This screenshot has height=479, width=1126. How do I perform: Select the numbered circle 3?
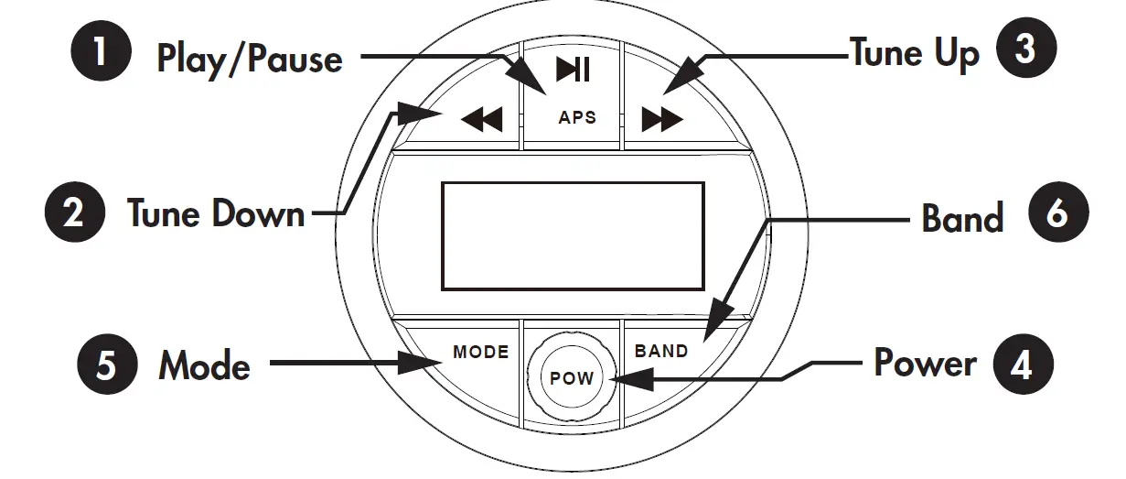pyautogui.click(x=1024, y=51)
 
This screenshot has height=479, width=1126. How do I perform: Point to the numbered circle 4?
pyautogui.click(x=1023, y=364)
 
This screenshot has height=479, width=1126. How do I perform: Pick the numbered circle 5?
pyautogui.click(x=107, y=365)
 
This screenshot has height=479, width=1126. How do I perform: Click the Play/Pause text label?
pyautogui.click(x=250, y=59)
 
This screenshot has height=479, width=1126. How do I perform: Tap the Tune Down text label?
pyautogui.click(x=216, y=214)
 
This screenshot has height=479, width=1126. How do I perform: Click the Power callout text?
pyautogui.click(x=925, y=364)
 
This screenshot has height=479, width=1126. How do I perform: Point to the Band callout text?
pyautogui.click(x=962, y=219)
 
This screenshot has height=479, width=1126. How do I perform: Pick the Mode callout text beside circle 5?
pyautogui.click(x=204, y=365)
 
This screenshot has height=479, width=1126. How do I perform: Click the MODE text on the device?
pyautogui.click(x=480, y=352)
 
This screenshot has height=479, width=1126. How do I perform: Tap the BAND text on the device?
pyautogui.click(x=661, y=351)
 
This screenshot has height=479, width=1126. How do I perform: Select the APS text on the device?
pyautogui.click(x=577, y=117)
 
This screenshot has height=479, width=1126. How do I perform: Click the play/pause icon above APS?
pyautogui.click(x=574, y=70)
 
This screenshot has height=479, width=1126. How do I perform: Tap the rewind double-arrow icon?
pyautogui.click(x=481, y=119)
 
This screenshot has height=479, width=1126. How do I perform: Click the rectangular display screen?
pyautogui.click(x=573, y=235)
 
